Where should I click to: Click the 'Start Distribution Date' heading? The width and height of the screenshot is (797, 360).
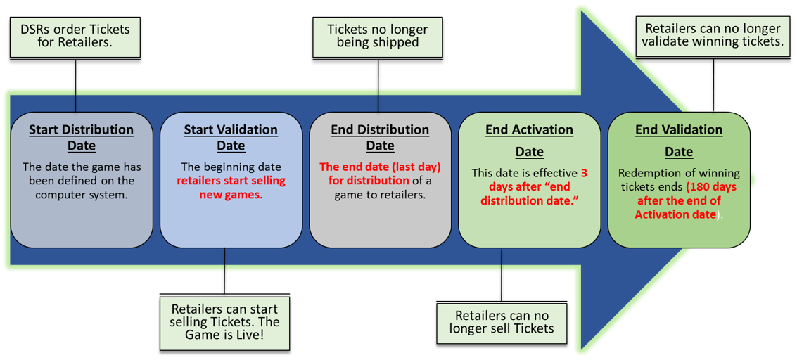click(x=81, y=138)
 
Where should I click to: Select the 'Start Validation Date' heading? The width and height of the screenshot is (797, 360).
click(x=231, y=138)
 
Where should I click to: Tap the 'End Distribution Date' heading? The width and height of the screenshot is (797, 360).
click(x=380, y=138)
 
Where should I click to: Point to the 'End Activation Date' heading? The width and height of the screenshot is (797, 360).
click(x=529, y=140)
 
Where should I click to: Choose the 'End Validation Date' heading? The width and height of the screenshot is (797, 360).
click(x=678, y=140)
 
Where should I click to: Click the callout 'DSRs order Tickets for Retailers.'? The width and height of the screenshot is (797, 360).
click(x=75, y=37)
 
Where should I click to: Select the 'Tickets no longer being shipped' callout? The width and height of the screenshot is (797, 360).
click(x=377, y=37)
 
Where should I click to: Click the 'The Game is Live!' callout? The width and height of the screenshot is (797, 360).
click(x=224, y=322)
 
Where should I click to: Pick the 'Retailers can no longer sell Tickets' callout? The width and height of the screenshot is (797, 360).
click(x=502, y=323)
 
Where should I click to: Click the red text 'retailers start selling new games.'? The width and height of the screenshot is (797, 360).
click(x=231, y=188)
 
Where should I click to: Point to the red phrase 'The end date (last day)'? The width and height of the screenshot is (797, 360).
click(x=380, y=167)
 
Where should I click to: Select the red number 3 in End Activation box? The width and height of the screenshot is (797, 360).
click(x=584, y=173)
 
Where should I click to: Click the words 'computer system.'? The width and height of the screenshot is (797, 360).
click(x=81, y=194)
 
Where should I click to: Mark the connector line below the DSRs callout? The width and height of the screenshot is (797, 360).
click(x=76, y=99)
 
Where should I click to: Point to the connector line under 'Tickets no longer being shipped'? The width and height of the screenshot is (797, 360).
click(x=378, y=99)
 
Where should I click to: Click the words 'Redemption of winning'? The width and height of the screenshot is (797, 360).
click(x=678, y=173)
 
